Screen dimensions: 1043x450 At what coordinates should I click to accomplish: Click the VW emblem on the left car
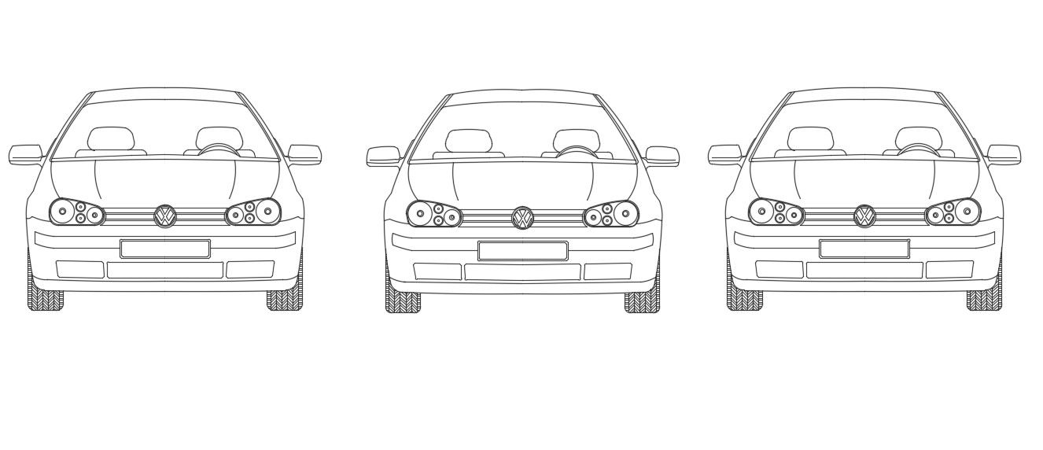pos(165,216)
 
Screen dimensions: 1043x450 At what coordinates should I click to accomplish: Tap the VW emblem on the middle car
pos(523,218)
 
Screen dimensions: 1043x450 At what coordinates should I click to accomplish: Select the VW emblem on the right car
pos(864,216)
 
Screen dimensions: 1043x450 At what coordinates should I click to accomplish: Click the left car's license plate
pos(165,249)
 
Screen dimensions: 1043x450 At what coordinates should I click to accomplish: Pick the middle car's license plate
pos(523,251)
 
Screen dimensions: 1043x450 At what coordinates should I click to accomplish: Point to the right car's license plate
pos(864,249)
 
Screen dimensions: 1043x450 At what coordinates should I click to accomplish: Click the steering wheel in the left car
pos(219,148)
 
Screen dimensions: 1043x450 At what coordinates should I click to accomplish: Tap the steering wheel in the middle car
pos(577,150)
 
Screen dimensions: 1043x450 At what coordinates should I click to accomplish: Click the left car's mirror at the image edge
pos(25,154)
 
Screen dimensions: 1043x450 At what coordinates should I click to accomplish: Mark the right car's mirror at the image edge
pos(1004,154)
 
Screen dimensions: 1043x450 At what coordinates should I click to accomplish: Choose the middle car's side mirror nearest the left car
pos(383,157)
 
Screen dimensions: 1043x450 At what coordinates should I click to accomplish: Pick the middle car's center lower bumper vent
pos(523,272)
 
